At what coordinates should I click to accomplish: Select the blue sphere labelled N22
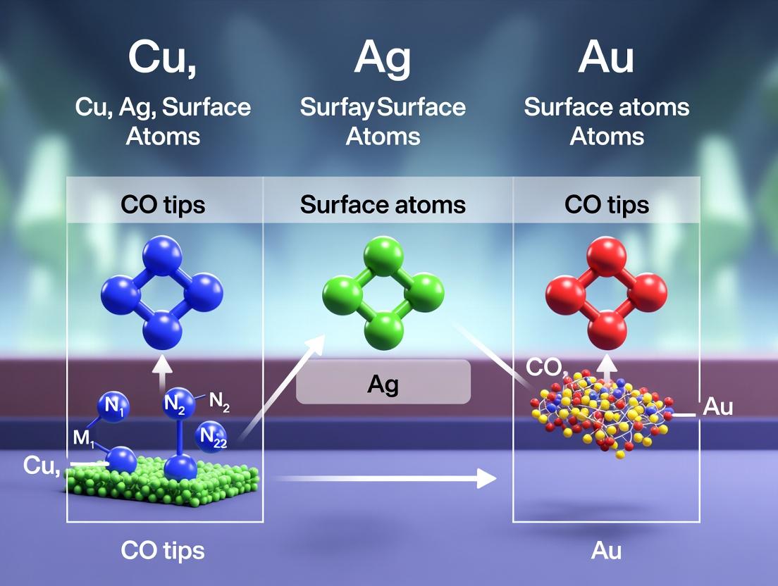point(212,437)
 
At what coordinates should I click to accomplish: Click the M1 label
point(84,438)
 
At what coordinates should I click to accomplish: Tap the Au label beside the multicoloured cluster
point(718,408)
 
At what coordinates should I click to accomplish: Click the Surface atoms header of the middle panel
point(383,205)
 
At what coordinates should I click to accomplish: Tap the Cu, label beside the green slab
point(41,466)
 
